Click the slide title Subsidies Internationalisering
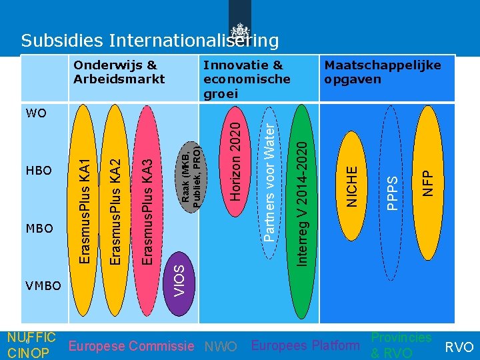pos(149,41)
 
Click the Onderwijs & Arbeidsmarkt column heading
pos(119,72)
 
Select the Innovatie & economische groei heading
pos(247,79)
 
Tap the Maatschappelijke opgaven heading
pos(382,72)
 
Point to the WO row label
pos(36,113)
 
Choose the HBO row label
pos(38,171)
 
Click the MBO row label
pos(38,229)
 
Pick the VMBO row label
pos(43,286)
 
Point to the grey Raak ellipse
pos(191,173)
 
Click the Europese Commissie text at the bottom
pos(133,346)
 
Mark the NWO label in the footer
pos(221,347)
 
